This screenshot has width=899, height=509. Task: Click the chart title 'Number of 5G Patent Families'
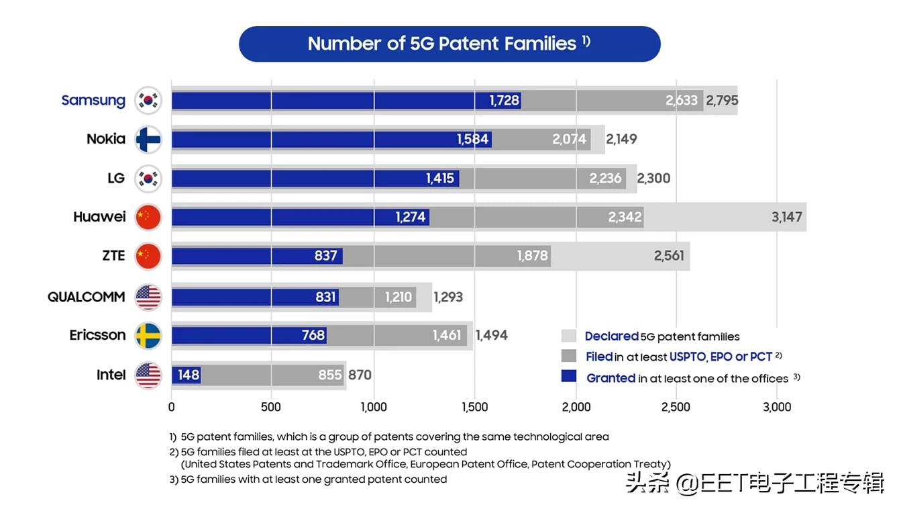pos(442,44)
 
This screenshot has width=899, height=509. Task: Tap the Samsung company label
pos(93,100)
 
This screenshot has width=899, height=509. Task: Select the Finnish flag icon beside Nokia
pos(148,140)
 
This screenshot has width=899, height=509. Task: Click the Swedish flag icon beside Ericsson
pos(148,335)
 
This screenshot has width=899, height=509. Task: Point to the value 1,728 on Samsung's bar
pos(505,101)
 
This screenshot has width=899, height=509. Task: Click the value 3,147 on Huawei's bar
pos(786,218)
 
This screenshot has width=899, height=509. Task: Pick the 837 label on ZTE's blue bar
pos(326,256)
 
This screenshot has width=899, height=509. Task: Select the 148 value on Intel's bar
pos(189,375)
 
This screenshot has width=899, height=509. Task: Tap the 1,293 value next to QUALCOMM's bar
pos(448,296)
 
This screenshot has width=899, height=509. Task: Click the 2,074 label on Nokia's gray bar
pos(570,140)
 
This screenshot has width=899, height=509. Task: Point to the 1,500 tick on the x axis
pos(474,407)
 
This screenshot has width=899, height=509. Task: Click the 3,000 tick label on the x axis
pos(777,407)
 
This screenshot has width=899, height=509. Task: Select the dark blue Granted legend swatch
pos(569,377)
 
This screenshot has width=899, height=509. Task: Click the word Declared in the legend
pos(611,336)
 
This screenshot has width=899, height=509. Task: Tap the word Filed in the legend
pos(599,357)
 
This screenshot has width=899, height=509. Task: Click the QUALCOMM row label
pos(86,297)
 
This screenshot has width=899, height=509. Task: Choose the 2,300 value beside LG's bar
pos(653,179)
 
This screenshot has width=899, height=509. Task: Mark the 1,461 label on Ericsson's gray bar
pos(447,335)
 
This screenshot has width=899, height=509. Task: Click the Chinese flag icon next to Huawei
pos(148,218)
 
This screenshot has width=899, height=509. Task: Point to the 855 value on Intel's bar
pos(330,375)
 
